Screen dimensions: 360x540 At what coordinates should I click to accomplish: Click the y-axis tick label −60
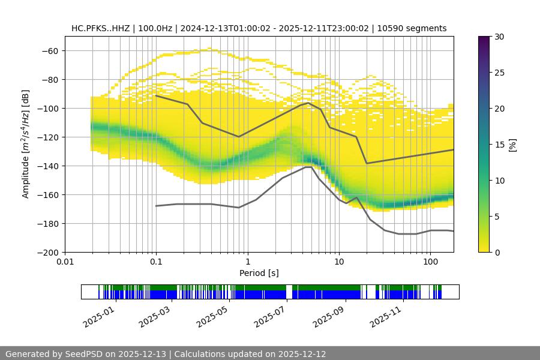(x=50, y=50)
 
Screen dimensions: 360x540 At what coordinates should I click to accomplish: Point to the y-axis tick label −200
(x=47, y=252)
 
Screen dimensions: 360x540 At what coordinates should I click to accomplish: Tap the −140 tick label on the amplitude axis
(x=47, y=166)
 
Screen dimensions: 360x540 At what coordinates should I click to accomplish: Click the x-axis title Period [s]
(x=259, y=273)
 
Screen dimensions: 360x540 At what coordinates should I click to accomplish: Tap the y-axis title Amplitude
(x=26, y=144)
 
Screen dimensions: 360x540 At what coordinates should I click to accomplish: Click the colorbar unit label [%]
(x=512, y=145)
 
